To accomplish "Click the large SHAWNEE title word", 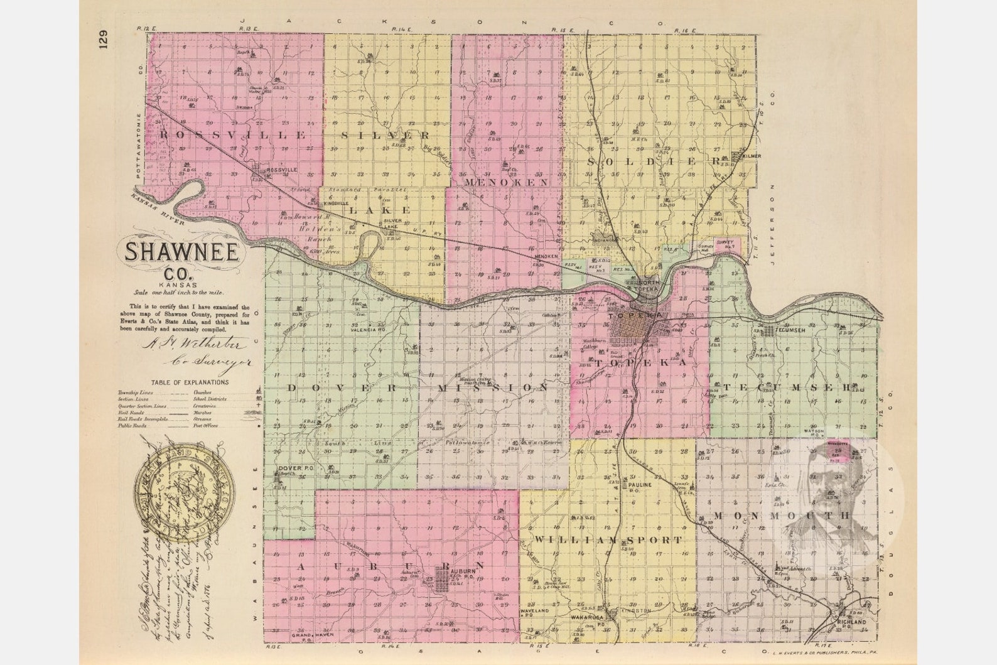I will pos(182,252).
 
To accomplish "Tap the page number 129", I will pos(103,39).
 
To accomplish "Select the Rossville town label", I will pos(281,170).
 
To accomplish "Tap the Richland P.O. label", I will pos(851,623).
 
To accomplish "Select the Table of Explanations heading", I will pos(190,382).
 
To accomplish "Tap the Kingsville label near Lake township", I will pos(336,204).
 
